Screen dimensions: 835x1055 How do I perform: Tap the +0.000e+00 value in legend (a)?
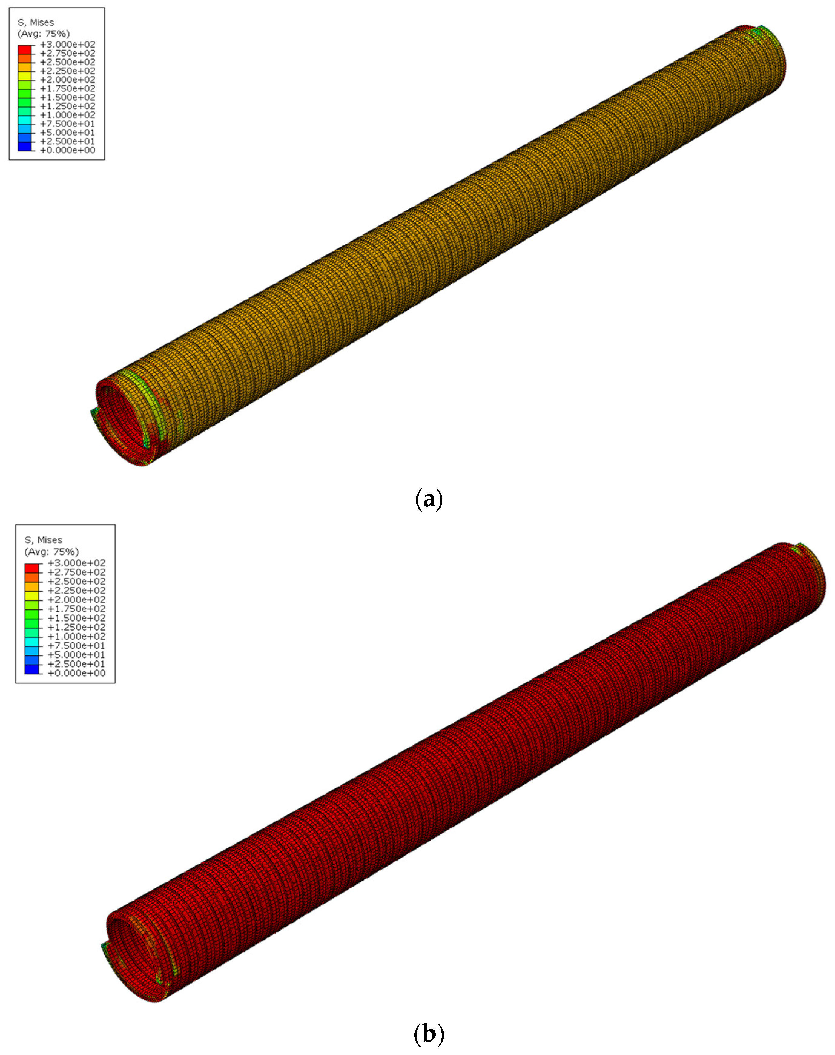[x=68, y=150]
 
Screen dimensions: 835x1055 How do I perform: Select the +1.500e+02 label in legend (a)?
[x=68, y=97]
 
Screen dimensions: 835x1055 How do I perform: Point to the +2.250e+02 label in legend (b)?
[x=76, y=590]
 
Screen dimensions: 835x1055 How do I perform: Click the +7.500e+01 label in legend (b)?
[x=76, y=645]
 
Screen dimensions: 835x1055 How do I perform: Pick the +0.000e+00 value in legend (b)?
[x=76, y=673]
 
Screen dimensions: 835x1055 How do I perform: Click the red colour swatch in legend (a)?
[x=25, y=49]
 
